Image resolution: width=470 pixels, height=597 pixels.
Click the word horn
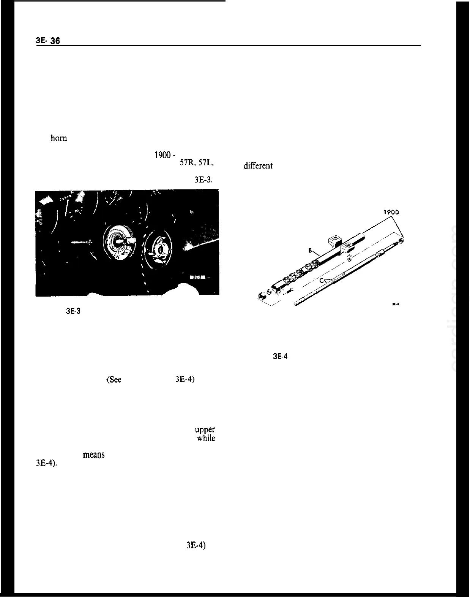pyautogui.click(x=59, y=138)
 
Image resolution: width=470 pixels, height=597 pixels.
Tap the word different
pyautogui.click(x=258, y=166)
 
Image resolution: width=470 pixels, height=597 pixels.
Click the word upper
pyautogui.click(x=205, y=430)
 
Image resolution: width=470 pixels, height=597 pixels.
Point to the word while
pyautogui.click(x=206, y=438)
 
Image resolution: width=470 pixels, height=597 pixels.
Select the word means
pyautogui.click(x=93, y=454)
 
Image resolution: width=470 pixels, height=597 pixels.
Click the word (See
pyautogui.click(x=114, y=380)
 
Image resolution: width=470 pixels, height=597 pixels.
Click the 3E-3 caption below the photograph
pyautogui.click(x=73, y=311)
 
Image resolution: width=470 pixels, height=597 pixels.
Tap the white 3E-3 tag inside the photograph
pyautogui.click(x=197, y=277)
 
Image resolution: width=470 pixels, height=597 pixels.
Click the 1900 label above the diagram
pyautogui.click(x=391, y=212)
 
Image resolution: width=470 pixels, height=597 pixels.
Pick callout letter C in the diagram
pyautogui.click(x=321, y=280)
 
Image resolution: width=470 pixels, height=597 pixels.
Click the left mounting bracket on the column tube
pyautogui.click(x=335, y=241)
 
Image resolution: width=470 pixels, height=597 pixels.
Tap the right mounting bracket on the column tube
pyautogui.click(x=349, y=249)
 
